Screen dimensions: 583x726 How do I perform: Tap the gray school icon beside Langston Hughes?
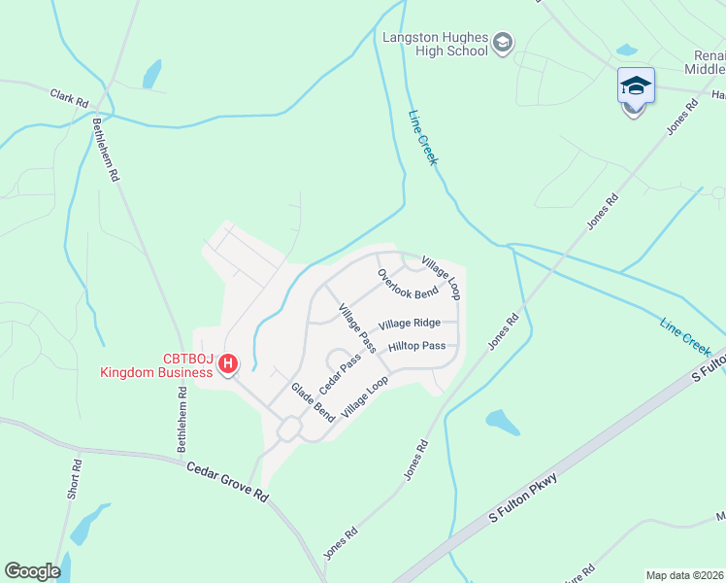[503, 41]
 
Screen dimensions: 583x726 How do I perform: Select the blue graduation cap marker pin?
[636, 86]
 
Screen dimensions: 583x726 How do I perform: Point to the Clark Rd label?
[69, 98]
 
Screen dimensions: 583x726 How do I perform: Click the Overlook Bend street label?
[409, 285]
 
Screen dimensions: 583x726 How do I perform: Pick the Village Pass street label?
[356, 327]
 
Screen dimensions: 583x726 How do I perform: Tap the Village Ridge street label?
[410, 324]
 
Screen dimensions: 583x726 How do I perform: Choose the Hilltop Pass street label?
[416, 346]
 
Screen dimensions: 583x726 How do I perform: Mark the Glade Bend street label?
[313, 401]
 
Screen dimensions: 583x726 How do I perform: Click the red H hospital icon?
[228, 363]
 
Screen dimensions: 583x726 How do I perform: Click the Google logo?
[32, 571]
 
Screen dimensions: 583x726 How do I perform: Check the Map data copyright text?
[685, 574]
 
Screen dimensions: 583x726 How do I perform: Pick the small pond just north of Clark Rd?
[151, 74]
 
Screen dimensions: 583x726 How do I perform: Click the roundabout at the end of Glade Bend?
[288, 429]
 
